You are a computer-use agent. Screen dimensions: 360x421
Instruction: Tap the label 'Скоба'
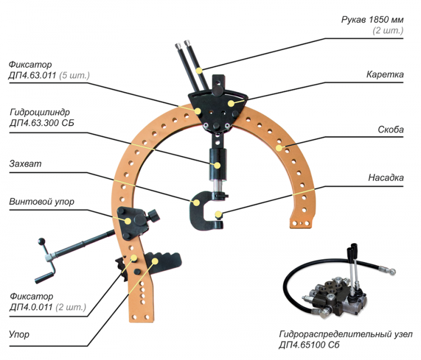[x=391, y=129]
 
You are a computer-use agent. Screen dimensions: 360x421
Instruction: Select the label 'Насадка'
[x=386, y=178]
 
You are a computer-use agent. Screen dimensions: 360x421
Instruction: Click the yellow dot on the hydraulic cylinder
[x=217, y=166]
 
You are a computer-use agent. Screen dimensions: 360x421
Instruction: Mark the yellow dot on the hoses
[x=199, y=70]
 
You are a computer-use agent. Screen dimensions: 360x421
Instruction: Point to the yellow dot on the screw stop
[x=127, y=221]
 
